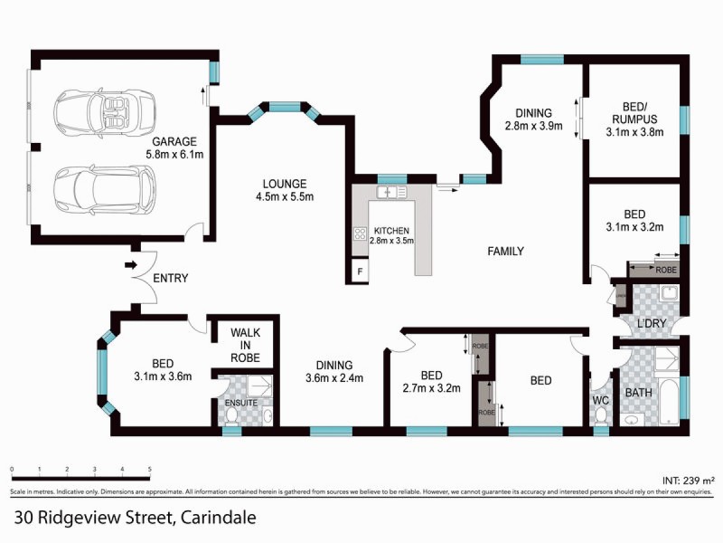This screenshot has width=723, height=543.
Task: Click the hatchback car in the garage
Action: [93, 188]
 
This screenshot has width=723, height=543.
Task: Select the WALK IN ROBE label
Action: [245, 345]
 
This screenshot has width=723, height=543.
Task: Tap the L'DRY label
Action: [652, 323]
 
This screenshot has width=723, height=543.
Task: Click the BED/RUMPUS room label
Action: [633, 118]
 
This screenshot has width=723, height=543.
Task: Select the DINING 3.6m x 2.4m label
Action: [333, 372]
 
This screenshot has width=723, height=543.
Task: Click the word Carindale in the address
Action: [218, 519]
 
